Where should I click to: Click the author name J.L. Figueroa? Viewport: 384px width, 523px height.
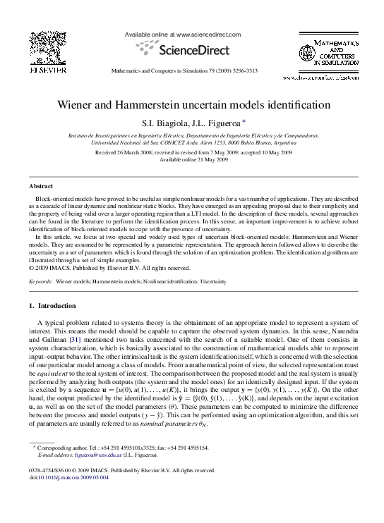coord(212,121)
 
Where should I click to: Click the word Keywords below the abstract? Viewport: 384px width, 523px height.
coord(41,281)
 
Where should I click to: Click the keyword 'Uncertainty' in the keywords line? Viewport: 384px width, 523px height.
coord(212,281)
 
